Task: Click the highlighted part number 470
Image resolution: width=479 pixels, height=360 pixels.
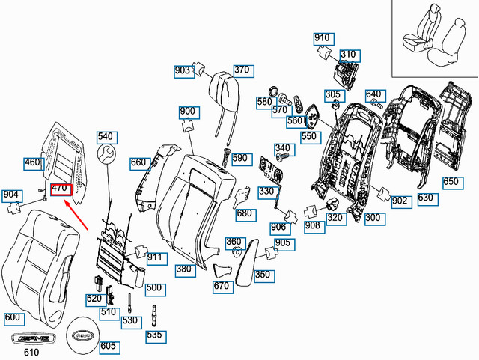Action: [x=60, y=189]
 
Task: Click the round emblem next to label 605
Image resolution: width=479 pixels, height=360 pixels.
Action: [x=85, y=330]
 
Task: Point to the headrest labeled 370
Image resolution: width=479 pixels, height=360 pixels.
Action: [x=225, y=89]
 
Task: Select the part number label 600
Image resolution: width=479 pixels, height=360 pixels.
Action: [x=13, y=318]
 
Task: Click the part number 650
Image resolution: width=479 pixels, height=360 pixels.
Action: [x=450, y=182]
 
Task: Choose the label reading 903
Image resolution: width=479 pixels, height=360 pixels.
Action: [x=182, y=70]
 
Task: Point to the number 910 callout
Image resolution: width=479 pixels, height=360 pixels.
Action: [x=322, y=38]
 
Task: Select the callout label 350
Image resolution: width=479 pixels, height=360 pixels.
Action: [x=262, y=275]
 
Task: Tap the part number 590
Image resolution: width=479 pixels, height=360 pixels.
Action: [x=239, y=159]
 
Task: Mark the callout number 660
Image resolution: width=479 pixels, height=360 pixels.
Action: [x=138, y=162]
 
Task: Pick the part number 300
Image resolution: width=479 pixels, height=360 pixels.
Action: [x=372, y=218]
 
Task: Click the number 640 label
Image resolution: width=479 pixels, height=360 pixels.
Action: [x=373, y=94]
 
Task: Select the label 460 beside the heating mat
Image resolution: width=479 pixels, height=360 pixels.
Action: [x=32, y=162]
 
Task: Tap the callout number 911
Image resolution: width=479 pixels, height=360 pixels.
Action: [x=154, y=257]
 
